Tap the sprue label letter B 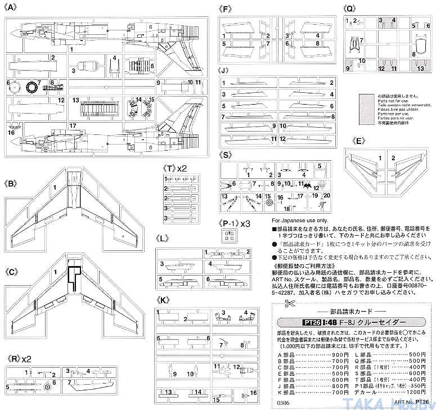pyautogui.click(x=12, y=183)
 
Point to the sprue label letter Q pyautogui.click(x=349, y=8)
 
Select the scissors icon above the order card pyautogui.click(x=289, y=304)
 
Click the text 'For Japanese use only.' pyautogui.click(x=299, y=220)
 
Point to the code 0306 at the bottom pyautogui.click(x=284, y=402)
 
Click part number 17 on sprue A pyautogui.click(x=73, y=125)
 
